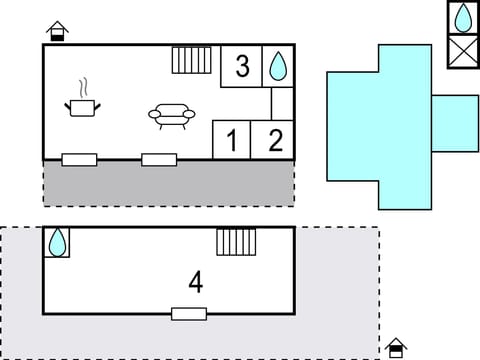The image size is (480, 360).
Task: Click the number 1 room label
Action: [232, 141]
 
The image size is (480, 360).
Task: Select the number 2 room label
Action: [275, 141]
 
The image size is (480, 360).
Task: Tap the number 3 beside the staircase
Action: [242, 67]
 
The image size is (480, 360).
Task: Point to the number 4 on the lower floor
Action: [195, 283]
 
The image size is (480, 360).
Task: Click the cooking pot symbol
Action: [82, 106]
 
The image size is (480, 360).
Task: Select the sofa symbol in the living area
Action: [172, 116]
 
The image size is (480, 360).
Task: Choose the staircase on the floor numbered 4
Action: [236, 242]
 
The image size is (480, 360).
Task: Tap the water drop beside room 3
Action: [278, 66]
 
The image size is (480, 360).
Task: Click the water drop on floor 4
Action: [58, 242]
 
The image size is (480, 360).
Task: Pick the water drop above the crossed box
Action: [463, 19]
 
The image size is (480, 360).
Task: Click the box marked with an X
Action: [463, 50]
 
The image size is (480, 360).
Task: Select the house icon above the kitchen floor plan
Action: [58, 31]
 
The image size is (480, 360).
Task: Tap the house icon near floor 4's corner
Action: [397, 348]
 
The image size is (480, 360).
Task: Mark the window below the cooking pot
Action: [79, 159]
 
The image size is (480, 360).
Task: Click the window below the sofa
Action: [159, 159]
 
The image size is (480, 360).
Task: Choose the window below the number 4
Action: [188, 314]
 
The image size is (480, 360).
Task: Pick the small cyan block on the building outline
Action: [455, 123]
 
